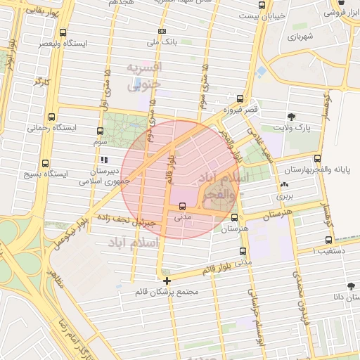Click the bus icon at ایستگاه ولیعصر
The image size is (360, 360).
click(x=63, y=32)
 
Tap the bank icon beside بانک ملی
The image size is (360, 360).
click(x=162, y=32)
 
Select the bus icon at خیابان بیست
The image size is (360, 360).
click(x=262, y=5)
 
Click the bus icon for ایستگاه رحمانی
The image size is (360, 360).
click(x=51, y=117)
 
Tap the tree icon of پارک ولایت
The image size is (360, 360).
click(x=292, y=116)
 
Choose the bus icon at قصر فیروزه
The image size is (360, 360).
click(x=240, y=99)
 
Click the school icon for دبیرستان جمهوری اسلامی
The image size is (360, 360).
click(x=104, y=160)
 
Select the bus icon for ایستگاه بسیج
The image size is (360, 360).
click(x=46, y=163)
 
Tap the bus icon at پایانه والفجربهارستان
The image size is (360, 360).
click(x=318, y=159)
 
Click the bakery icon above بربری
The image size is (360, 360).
click(x=283, y=185)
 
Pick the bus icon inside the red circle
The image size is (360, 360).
click(x=183, y=207)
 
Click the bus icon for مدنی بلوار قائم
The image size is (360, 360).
click(x=243, y=252)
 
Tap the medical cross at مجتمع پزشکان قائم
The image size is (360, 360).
click(x=167, y=281)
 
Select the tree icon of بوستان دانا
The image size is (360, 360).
click(x=349, y=285)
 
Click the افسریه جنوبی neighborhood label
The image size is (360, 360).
click(x=143, y=77)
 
